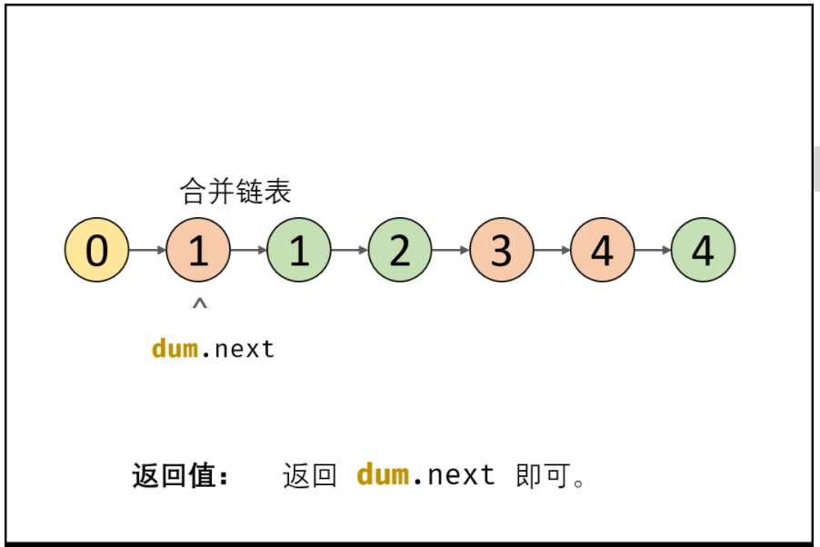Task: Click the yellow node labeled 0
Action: click(x=96, y=250)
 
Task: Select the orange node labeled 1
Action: click(x=198, y=250)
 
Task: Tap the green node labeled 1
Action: click(x=299, y=250)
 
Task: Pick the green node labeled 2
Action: click(x=400, y=250)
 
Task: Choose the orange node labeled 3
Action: click(x=501, y=250)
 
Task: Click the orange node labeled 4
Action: click(x=602, y=250)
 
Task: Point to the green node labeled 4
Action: click(x=703, y=250)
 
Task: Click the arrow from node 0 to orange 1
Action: click(x=147, y=250)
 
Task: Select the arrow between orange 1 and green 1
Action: click(x=248, y=250)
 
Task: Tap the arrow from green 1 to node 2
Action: click(x=349, y=250)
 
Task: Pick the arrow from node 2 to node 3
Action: click(x=450, y=250)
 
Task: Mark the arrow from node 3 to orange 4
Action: click(x=551, y=250)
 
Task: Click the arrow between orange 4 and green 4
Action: click(x=652, y=250)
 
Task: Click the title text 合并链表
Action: click(x=235, y=192)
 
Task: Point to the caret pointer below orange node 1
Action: click(x=199, y=305)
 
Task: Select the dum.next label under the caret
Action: click(x=213, y=349)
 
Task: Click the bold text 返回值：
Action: click(x=181, y=476)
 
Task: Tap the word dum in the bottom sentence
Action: click(x=383, y=474)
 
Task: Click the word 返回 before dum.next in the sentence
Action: click(x=309, y=475)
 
